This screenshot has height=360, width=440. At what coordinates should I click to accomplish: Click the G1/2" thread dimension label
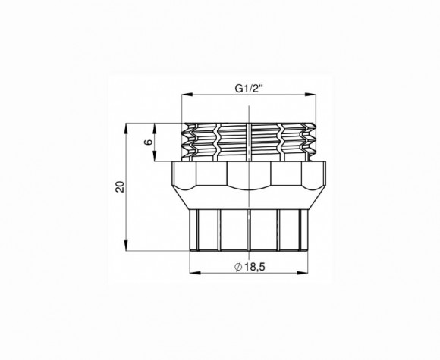pyautogui.click(x=249, y=89)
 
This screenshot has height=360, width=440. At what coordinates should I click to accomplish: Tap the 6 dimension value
pyautogui.click(x=149, y=142)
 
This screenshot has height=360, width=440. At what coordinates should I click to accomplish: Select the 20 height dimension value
pyautogui.click(x=120, y=186)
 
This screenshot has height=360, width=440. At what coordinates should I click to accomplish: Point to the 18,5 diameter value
pyautogui.click(x=254, y=267)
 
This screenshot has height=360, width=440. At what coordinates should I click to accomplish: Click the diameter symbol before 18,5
pyautogui.click(x=238, y=267)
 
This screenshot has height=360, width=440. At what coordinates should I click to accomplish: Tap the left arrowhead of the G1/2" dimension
pyautogui.click(x=187, y=95)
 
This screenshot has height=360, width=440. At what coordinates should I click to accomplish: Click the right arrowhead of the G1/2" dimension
pyautogui.click(x=310, y=95)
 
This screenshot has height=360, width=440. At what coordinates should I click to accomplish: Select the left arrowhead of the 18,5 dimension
pyautogui.click(x=195, y=273)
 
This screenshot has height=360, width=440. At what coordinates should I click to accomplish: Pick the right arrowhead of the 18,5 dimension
pyautogui.click(x=303, y=273)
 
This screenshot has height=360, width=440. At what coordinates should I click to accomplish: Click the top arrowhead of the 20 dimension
pyautogui.click(x=126, y=129)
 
